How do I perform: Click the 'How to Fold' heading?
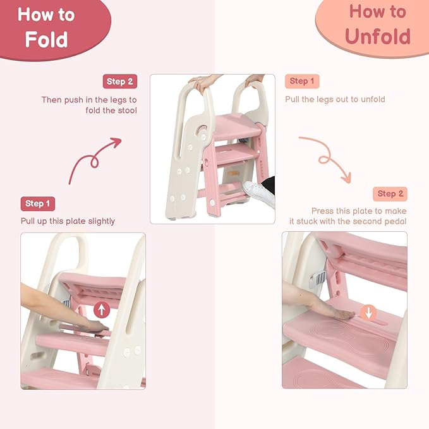tap(46, 27)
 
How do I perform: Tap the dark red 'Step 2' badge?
tap(119, 81)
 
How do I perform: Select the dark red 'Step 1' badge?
tap(38, 203)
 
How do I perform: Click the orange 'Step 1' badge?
tap(302, 81)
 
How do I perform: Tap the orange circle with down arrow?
tap(370, 312)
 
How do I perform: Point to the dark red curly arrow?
tap(92, 159)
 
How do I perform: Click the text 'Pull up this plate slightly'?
tap(68, 221)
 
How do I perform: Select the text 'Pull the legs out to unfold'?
tap(335, 99)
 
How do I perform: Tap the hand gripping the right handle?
tap(255, 80)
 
